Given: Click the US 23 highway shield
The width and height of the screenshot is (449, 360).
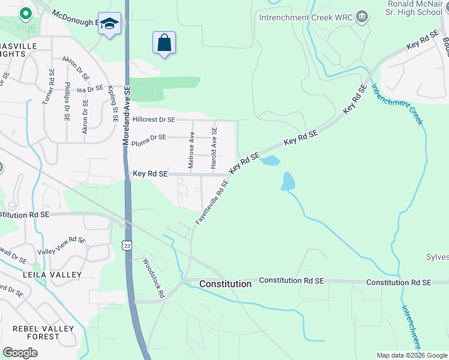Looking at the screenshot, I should (126, 245).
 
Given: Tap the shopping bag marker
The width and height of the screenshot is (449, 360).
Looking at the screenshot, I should (164, 43).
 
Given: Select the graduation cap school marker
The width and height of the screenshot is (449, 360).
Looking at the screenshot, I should (109, 24).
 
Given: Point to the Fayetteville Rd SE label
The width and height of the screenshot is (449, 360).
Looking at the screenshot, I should (212, 203).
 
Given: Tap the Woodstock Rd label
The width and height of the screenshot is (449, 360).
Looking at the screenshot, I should (153, 278).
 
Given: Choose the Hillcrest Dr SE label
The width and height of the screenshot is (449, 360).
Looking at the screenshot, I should (154, 120).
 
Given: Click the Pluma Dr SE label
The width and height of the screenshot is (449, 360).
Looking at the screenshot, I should (148, 137).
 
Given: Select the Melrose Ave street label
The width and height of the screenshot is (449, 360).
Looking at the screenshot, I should (191, 150).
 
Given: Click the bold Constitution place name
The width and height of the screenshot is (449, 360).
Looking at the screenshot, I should (225, 283).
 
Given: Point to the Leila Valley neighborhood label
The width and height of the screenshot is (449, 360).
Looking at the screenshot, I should (52, 275).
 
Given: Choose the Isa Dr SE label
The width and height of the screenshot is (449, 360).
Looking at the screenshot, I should (91, 89).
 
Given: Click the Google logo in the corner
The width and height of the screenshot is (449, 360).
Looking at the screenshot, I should (20, 352).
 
